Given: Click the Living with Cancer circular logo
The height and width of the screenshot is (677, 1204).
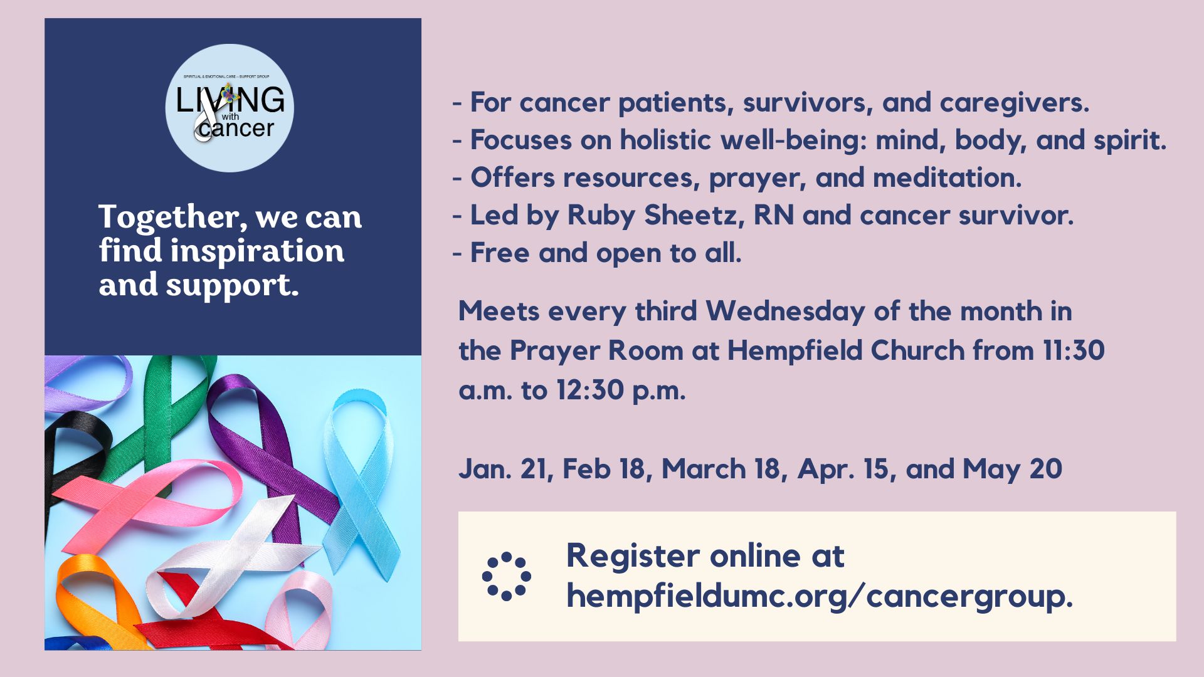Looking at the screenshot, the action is [230, 108].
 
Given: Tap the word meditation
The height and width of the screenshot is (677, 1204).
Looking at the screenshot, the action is [947, 178].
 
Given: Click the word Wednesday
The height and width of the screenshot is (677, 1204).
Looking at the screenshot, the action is [785, 312].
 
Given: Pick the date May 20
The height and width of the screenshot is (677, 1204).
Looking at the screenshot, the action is [1012, 470].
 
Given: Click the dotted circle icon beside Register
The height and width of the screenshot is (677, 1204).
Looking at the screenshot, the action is [507, 577].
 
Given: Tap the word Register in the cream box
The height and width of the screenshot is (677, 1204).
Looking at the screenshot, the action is [633, 557].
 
